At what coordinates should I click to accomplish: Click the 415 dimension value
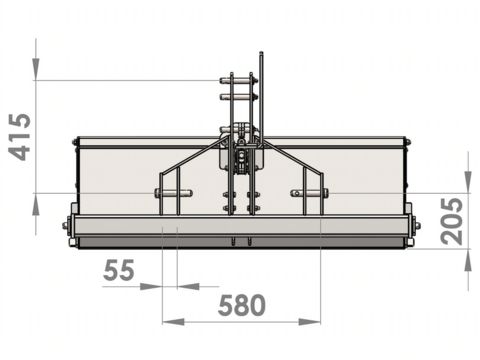pyautogui.click(x=20, y=137)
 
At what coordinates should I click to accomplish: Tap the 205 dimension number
pyautogui.click(x=452, y=221)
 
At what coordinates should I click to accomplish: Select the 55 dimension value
pyautogui.click(x=119, y=270)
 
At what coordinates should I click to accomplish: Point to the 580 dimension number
pyautogui.click(x=241, y=305)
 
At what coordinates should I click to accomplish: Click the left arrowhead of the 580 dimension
pyautogui.click(x=173, y=322)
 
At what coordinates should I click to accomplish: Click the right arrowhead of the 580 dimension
pyautogui.click(x=310, y=322)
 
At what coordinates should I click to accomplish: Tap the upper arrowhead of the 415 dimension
pyautogui.click(x=36, y=69)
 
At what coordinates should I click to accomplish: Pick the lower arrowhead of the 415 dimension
pyautogui.click(x=36, y=204)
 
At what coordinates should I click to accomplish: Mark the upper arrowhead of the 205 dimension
pyautogui.click(x=468, y=182)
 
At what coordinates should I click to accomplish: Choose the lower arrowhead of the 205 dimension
pyautogui.click(x=468, y=260)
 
